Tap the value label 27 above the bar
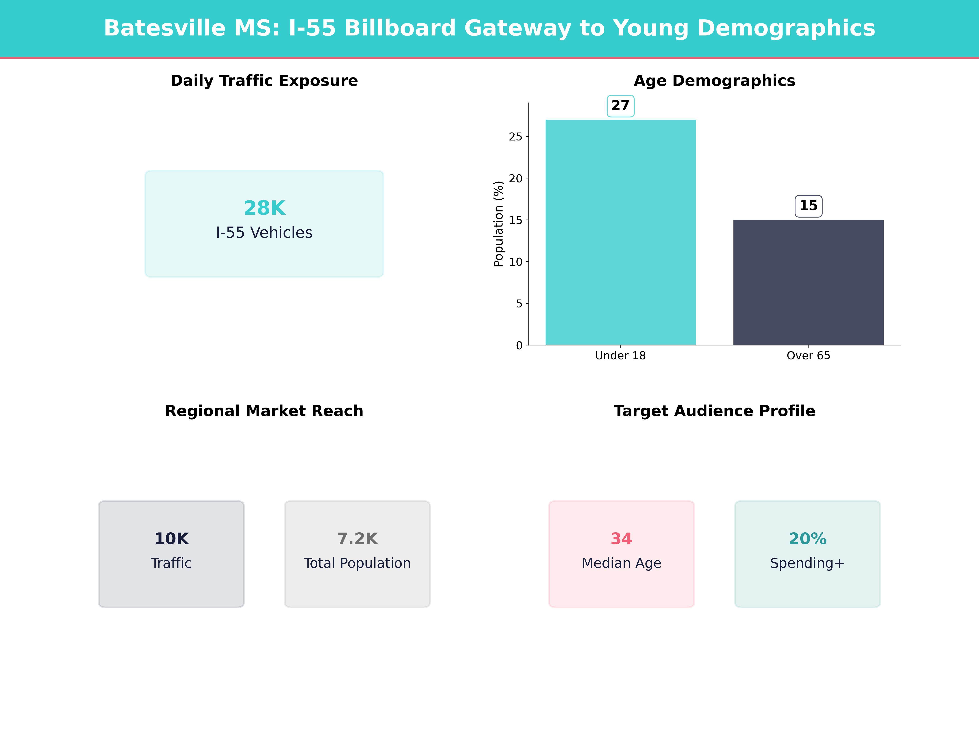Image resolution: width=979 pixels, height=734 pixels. click(620, 106)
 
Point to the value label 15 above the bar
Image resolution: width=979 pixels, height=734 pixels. click(808, 206)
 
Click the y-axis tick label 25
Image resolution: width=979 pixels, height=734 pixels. click(516, 137)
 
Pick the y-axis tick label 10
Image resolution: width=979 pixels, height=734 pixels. click(516, 262)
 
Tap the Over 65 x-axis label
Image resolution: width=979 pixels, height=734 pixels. click(808, 356)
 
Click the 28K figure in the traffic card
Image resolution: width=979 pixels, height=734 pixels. click(264, 208)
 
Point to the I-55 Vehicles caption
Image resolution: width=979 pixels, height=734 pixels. click(264, 233)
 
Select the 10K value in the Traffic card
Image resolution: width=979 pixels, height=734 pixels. click(171, 539)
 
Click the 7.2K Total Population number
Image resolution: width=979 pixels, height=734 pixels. click(357, 539)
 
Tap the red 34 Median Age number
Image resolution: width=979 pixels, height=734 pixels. click(621, 539)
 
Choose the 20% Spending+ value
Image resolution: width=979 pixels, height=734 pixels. click(807, 539)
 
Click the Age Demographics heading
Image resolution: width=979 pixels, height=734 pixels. click(714, 81)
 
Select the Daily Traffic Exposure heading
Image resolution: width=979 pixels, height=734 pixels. click(264, 81)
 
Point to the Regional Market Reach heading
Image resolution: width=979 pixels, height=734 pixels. click(264, 411)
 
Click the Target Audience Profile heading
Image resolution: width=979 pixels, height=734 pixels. click(714, 411)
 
